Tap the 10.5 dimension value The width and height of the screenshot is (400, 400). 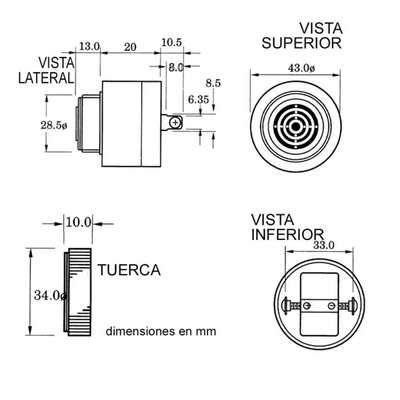click(x=171, y=42)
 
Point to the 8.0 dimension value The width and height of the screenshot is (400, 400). click(x=175, y=67)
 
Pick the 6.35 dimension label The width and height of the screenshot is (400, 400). click(x=198, y=99)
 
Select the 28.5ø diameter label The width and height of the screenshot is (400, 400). click(x=53, y=125)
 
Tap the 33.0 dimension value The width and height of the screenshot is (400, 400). click(x=323, y=245)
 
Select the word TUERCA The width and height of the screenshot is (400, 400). click(x=129, y=270)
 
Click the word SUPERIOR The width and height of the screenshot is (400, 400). click(x=301, y=43)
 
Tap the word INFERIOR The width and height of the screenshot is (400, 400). click(x=287, y=234)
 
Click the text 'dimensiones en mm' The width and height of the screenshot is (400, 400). click(x=161, y=331)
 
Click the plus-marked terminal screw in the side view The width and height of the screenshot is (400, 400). click(x=175, y=122)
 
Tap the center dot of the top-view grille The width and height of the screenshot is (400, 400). click(x=295, y=127)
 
